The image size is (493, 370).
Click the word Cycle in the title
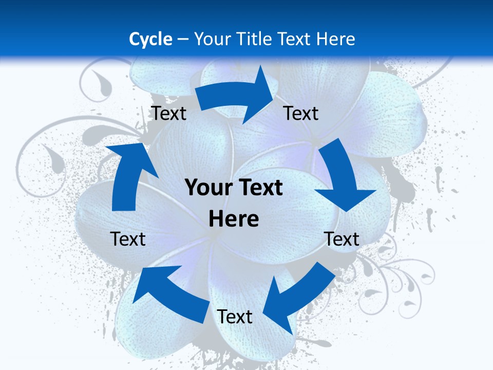(150, 39)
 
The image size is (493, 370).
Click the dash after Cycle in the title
(183, 40)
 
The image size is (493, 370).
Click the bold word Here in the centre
(234, 218)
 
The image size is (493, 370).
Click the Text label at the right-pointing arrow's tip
(301, 113)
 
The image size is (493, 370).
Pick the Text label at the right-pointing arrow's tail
(169, 113)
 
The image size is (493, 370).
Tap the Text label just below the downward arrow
(342, 239)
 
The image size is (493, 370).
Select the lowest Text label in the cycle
(235, 317)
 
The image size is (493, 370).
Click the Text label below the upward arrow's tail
(128, 239)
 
